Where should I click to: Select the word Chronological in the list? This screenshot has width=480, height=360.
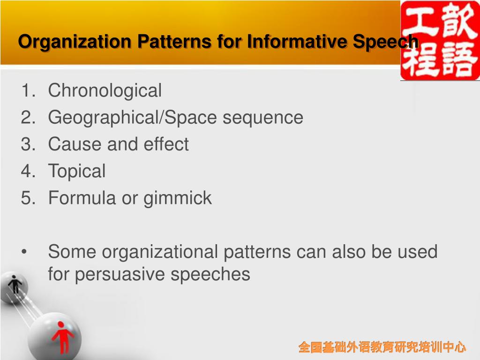(105, 90)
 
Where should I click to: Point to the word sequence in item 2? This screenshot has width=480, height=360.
(262, 117)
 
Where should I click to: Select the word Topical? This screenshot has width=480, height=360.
(77, 171)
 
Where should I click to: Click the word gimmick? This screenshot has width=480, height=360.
(178, 198)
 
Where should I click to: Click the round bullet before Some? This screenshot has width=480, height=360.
(24, 252)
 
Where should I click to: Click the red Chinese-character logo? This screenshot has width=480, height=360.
(440, 40)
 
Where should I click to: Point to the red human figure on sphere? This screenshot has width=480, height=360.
(62, 339)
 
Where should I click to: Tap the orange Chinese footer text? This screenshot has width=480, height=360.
(382, 347)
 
